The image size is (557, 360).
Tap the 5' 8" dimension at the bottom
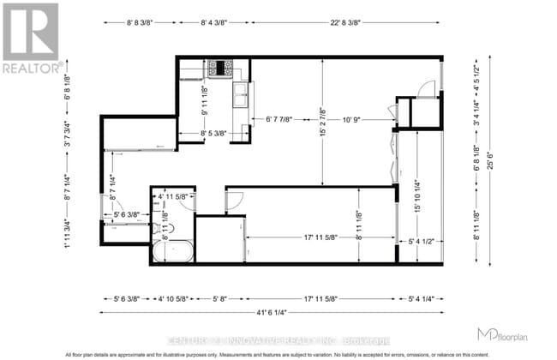[220, 298]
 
